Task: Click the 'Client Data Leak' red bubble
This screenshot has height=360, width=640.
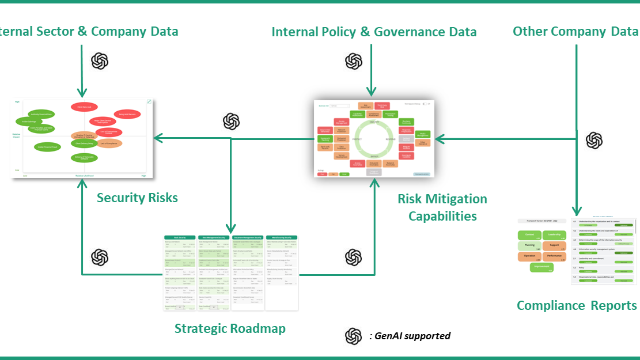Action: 84,107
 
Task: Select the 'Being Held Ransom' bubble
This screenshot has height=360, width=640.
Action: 127,115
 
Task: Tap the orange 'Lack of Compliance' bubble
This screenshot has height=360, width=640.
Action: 109,143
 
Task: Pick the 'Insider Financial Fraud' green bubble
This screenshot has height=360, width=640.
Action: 47,147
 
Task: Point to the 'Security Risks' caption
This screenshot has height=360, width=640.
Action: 137,198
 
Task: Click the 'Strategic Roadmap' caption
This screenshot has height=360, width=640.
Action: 230,329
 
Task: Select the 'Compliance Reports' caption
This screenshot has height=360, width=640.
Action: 577,305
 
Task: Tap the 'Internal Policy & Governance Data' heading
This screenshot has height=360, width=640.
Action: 374,32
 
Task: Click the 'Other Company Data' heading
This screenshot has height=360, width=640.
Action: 575,32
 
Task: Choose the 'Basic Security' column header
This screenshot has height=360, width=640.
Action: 180,237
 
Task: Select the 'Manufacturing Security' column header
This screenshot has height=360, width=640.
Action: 282,237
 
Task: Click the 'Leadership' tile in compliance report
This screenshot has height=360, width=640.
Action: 554,235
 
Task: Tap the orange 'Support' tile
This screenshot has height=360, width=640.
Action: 554,246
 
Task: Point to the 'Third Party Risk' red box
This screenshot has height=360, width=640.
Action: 381,105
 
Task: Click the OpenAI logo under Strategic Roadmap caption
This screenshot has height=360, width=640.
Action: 353,337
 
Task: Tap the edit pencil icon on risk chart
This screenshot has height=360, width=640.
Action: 149,101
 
